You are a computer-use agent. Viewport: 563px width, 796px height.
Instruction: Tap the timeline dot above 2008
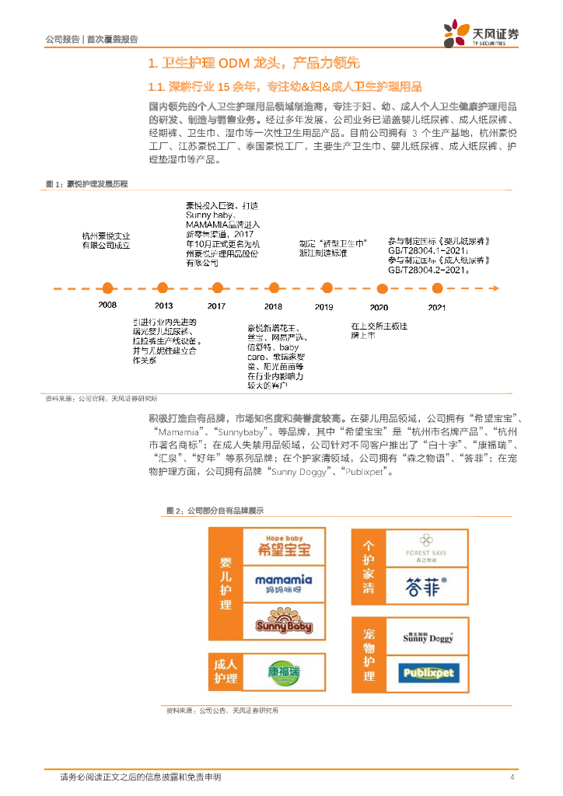coord(108,288)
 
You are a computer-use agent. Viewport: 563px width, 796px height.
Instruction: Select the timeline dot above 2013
coord(163,288)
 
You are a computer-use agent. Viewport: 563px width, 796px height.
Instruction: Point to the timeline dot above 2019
coord(324,288)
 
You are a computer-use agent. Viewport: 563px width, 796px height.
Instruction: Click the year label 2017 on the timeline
coord(217,306)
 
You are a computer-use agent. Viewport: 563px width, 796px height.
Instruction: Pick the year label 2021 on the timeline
coord(437,307)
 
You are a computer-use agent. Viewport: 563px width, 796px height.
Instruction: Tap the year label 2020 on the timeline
coord(379,307)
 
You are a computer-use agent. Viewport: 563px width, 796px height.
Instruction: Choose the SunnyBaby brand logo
coord(283,623)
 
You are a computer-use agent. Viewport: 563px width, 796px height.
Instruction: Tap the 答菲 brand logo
coord(425,585)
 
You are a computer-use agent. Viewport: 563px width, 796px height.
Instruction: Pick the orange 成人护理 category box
coord(225,672)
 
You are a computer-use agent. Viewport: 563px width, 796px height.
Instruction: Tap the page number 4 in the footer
coord(512,777)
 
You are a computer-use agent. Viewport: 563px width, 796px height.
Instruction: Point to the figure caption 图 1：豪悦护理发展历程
coord(86,183)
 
